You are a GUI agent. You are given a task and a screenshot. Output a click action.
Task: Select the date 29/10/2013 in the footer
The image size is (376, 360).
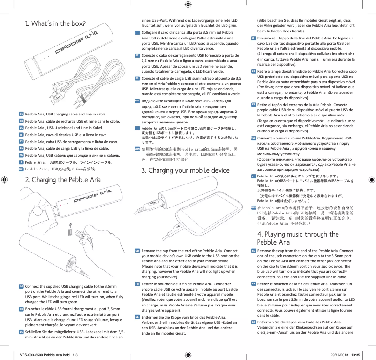coord(343,355)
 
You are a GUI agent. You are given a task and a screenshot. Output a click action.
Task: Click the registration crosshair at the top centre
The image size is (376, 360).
coord(188,5)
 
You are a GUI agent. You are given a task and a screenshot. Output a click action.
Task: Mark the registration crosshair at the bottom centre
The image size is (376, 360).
coord(188,354)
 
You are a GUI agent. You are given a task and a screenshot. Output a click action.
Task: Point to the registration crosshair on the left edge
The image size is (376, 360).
coord(5,180)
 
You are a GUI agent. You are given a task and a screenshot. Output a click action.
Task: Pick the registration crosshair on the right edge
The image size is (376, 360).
coord(371,180)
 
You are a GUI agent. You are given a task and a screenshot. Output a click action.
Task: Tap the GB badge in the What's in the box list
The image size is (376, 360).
coord(21,114)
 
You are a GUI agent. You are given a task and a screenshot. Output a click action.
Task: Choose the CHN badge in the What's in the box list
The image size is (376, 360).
coord(21,168)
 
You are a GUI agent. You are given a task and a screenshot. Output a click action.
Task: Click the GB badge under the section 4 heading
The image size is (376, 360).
coord(254,251)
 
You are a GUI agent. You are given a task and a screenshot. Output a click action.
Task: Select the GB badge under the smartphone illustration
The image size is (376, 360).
coord(137,251)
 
